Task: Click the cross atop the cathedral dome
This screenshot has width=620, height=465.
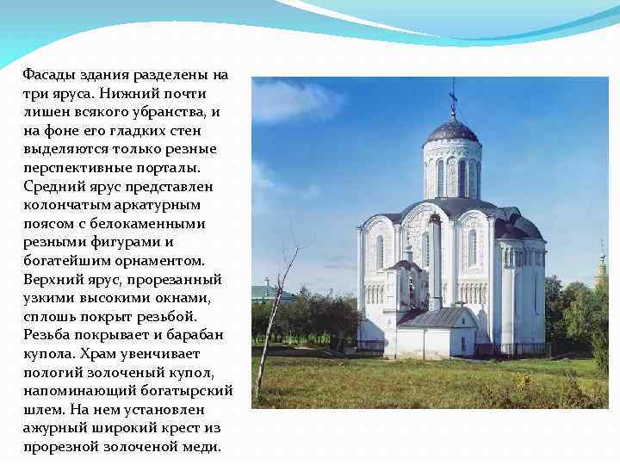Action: tap(453, 99)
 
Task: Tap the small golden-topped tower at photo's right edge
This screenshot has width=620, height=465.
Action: tap(601, 271)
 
